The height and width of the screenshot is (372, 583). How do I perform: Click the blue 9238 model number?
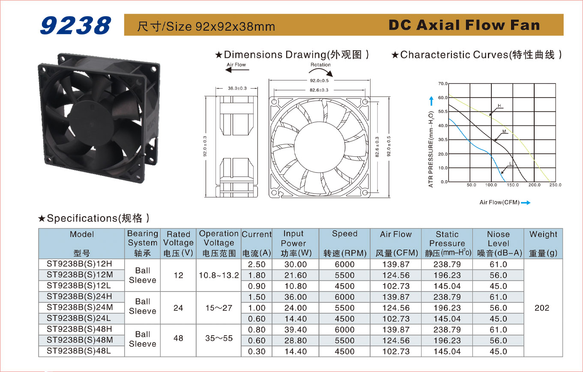point(76,25)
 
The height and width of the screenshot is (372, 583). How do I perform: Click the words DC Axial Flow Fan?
point(464,25)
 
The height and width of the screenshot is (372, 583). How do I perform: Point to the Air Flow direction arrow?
point(237,70)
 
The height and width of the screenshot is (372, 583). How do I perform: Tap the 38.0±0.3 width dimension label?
point(237,89)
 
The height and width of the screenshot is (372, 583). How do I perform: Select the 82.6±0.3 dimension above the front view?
point(319,90)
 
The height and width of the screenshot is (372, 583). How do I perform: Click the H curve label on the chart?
point(499,106)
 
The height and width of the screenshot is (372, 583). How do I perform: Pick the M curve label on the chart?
point(504,131)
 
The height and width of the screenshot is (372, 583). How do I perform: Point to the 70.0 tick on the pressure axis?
point(443,83)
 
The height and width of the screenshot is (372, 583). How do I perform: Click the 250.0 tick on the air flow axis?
point(555,185)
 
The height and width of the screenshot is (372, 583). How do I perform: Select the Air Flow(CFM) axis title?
point(499,202)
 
